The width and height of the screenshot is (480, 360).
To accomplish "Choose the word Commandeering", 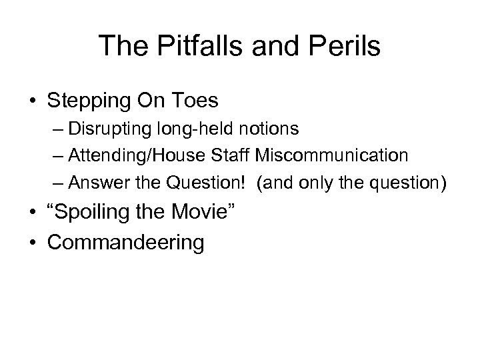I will [126, 242].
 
